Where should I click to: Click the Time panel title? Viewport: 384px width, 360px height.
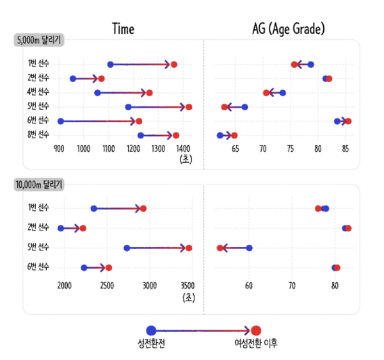point(123,29)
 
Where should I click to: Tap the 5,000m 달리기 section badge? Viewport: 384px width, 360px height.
point(38,40)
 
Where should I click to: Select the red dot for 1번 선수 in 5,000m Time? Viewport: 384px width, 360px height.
point(174,64)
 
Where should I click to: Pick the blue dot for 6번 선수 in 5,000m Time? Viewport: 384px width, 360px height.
point(61,121)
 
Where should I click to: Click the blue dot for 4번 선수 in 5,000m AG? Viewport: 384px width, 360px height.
point(282,93)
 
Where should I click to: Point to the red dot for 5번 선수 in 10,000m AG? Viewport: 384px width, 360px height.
point(220,248)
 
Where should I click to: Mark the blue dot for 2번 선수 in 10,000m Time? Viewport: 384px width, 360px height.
point(61,228)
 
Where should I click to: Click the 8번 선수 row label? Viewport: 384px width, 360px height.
point(38,135)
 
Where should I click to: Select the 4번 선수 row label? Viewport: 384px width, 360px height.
point(38,93)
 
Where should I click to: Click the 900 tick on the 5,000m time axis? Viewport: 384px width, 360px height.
point(59,149)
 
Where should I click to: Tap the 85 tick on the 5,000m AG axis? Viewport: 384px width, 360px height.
point(346,149)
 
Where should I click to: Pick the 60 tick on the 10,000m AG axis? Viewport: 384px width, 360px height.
point(249,285)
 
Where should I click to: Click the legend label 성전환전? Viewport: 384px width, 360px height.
point(151,343)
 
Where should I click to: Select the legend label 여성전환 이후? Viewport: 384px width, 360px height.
point(255,343)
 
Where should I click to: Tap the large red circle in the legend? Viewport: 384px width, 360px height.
point(256,330)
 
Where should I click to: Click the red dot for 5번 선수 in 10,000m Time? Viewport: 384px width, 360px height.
point(189,248)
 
